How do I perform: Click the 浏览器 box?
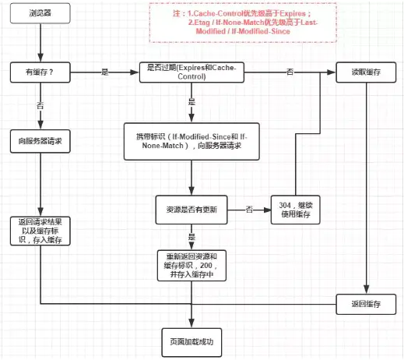point(41,13)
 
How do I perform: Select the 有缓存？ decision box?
point(41,72)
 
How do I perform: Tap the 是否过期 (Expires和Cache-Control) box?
point(191,72)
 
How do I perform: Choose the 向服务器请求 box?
point(41,142)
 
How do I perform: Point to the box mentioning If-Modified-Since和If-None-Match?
point(191,142)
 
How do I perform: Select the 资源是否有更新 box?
point(191,209)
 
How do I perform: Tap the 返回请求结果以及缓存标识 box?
point(41,231)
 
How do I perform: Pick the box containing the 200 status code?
point(191,265)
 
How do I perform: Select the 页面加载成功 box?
point(191,341)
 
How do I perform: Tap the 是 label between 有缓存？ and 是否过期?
point(105,72)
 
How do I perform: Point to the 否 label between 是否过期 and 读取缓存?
point(290,72)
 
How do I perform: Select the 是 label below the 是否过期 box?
point(191,102)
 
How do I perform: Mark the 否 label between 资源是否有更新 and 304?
point(249,209)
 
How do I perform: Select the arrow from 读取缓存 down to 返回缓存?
point(365,187)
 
